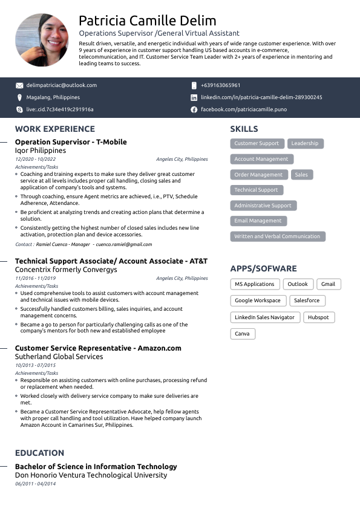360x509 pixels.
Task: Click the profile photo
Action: click(x=41, y=41)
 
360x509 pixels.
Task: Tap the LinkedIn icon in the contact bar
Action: click(x=194, y=97)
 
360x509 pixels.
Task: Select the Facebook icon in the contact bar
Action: click(x=194, y=109)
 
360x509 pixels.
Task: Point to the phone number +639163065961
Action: click(x=220, y=85)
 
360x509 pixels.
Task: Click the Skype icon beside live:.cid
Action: click(x=19, y=109)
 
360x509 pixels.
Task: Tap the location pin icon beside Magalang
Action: click(x=19, y=97)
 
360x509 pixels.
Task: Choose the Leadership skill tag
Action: click(x=304, y=143)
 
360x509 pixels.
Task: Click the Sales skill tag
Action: click(x=301, y=175)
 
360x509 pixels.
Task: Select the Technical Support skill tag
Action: click(x=256, y=190)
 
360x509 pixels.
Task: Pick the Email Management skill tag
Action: click(x=258, y=221)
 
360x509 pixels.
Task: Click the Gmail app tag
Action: click(x=328, y=284)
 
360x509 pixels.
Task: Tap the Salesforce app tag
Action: click(x=306, y=300)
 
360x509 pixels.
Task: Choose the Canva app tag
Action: click(x=242, y=334)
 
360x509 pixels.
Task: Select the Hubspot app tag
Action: click(x=318, y=317)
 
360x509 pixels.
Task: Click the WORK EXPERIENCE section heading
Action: click(x=55, y=129)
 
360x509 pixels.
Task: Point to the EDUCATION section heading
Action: click(x=39, y=453)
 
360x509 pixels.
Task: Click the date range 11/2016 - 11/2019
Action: click(x=36, y=278)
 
